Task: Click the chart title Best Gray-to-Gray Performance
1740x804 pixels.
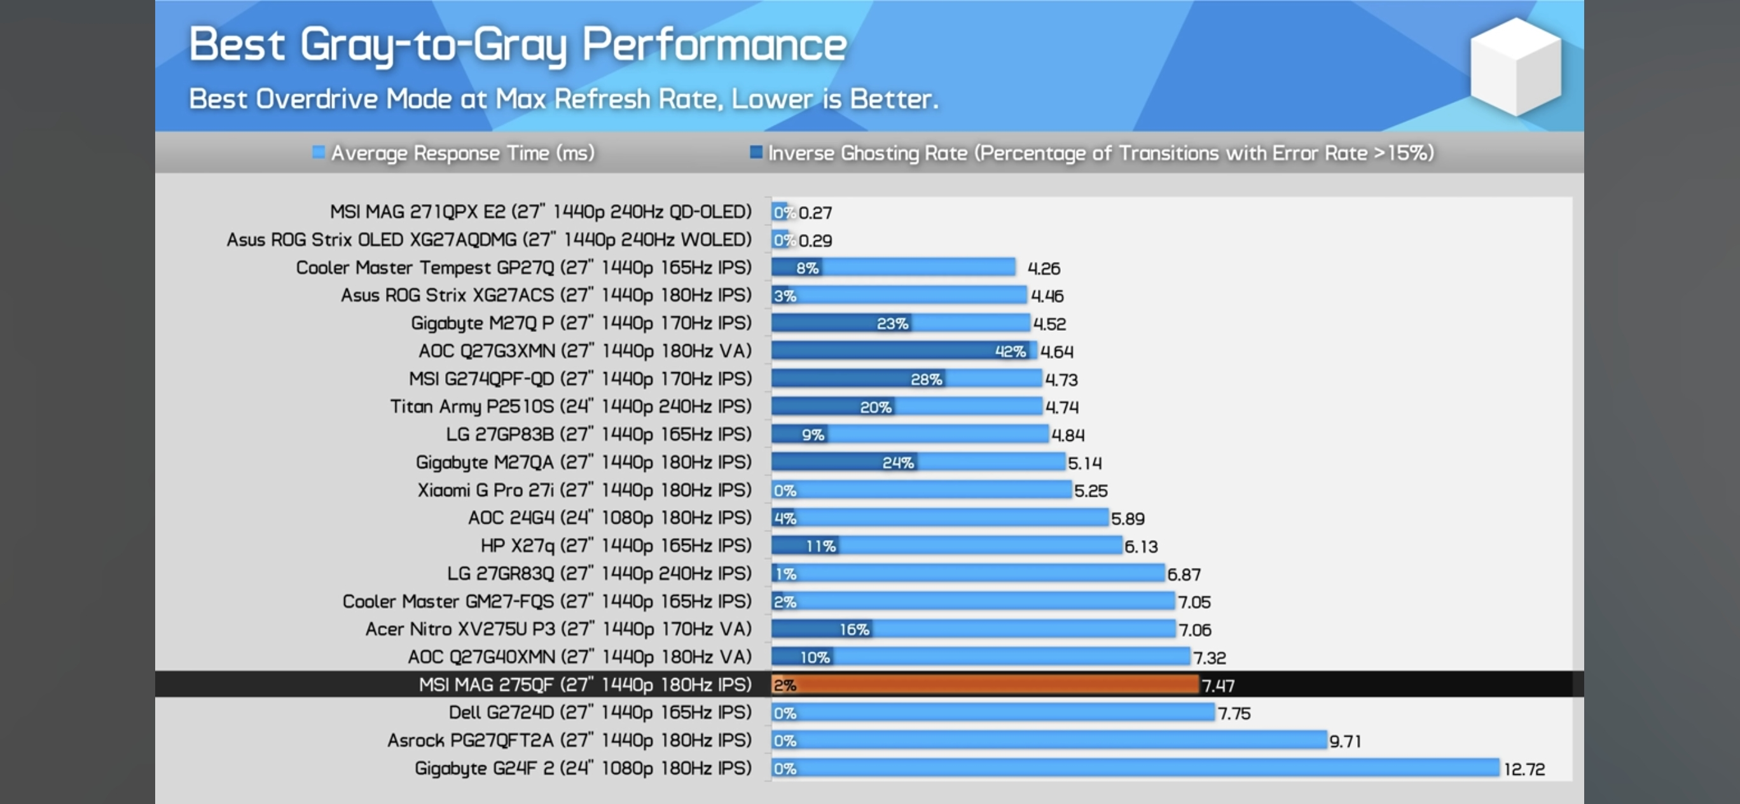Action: click(x=518, y=45)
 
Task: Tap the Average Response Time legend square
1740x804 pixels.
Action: click(x=318, y=152)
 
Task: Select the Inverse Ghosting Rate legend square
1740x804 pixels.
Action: click(x=756, y=152)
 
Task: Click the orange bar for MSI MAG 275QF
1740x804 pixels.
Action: click(x=985, y=684)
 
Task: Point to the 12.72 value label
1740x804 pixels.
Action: click(x=1524, y=769)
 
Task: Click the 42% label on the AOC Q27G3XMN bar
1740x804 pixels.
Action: click(x=1010, y=351)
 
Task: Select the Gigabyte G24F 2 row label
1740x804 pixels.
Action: click(x=583, y=768)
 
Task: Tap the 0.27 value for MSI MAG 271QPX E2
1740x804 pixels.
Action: click(x=815, y=213)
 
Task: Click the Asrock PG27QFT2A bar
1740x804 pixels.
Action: click(x=1049, y=740)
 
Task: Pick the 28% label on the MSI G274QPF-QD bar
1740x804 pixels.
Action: click(x=926, y=379)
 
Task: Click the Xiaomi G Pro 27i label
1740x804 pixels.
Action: click(x=584, y=490)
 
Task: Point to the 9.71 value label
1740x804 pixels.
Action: click(x=1345, y=741)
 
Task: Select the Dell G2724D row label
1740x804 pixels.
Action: click(x=600, y=712)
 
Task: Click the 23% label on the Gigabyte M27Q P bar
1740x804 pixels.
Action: click(x=892, y=324)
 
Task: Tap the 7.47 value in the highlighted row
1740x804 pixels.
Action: click(x=1218, y=686)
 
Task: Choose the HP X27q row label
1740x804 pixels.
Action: click(x=616, y=545)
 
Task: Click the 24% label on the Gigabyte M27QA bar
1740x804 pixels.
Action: click(x=898, y=463)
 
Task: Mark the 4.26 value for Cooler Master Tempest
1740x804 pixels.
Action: click(x=1044, y=268)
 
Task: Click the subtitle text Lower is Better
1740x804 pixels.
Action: click(x=835, y=99)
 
